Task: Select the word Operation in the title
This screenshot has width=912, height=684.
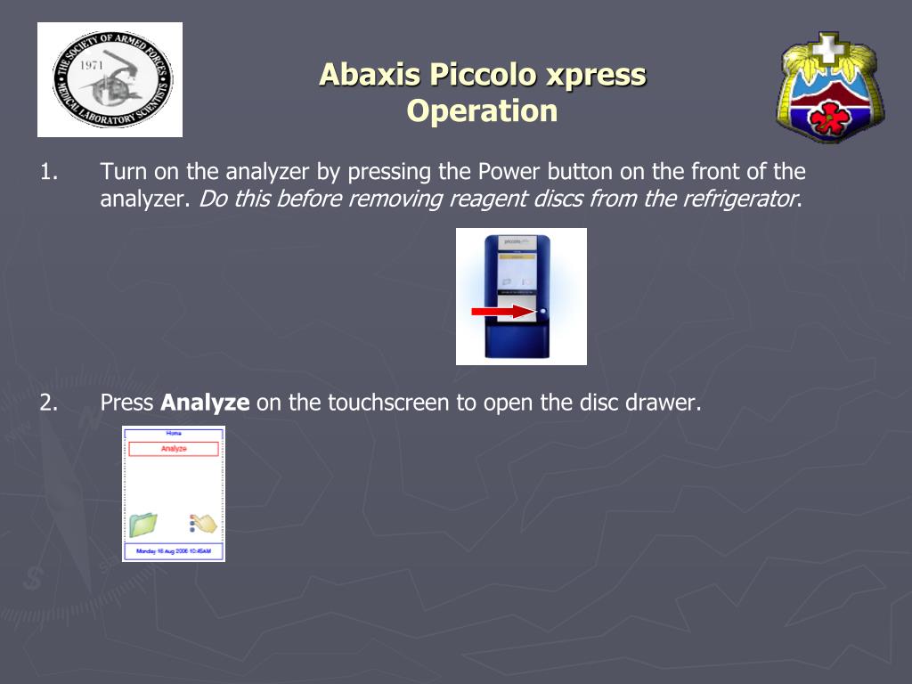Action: click(482, 111)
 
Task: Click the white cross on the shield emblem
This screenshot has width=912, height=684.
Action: click(828, 48)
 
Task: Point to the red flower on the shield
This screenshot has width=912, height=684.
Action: click(829, 117)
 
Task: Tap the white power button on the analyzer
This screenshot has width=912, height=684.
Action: click(542, 312)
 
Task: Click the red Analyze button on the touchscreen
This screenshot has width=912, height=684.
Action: click(174, 449)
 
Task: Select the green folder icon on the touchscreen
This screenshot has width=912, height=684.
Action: click(142, 525)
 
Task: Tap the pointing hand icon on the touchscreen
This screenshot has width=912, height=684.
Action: click(204, 524)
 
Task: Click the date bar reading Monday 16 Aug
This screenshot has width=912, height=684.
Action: click(174, 552)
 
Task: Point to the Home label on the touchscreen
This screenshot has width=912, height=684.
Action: click(174, 433)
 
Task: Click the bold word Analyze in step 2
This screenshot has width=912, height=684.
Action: click(205, 403)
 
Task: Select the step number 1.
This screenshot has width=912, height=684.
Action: click(48, 171)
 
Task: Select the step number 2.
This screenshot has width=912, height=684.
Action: click(48, 403)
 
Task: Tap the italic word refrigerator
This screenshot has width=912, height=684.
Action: click(740, 199)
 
